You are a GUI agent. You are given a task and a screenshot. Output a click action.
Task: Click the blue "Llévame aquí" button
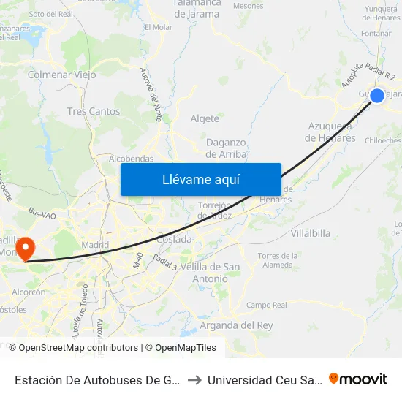(x=200, y=179)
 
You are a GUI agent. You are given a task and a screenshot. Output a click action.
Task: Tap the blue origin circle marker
(x=377, y=95)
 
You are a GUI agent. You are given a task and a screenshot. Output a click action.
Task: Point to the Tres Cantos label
(x=93, y=112)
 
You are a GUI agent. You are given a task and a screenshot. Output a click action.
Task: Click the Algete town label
(x=205, y=118)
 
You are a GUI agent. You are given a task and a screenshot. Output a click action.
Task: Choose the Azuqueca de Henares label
(x=331, y=132)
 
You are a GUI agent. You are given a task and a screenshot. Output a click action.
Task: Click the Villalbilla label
(x=311, y=233)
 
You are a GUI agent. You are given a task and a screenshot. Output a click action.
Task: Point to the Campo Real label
(x=267, y=305)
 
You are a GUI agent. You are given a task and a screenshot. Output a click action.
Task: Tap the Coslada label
(x=174, y=239)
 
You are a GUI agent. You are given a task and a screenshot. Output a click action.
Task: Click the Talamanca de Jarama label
(x=197, y=8)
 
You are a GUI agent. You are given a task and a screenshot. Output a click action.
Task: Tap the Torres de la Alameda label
(x=278, y=260)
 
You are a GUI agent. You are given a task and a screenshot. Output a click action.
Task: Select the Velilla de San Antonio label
(x=209, y=273)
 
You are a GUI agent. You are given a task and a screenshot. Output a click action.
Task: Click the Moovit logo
(x=357, y=379)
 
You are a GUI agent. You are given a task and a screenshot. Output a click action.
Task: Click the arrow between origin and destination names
(x=194, y=379)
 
